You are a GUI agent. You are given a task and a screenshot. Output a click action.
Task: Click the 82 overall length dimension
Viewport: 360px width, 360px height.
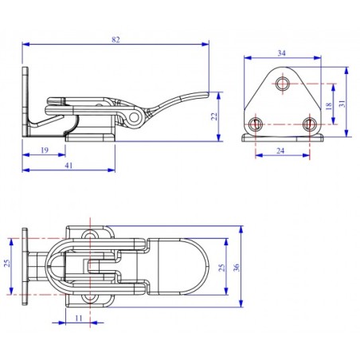click(x=117, y=38)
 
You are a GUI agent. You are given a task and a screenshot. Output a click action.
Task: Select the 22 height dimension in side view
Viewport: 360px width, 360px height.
click(x=213, y=117)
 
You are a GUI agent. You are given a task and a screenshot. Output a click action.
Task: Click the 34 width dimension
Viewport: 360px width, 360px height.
click(x=282, y=53)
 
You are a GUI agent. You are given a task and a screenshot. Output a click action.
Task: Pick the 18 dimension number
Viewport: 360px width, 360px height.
click(x=330, y=104)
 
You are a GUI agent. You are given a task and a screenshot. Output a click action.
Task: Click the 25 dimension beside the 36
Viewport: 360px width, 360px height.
click(x=222, y=267)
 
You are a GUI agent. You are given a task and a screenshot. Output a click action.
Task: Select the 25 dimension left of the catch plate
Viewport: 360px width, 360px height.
click(x=9, y=264)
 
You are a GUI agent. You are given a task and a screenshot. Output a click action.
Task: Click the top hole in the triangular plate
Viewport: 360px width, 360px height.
click(x=282, y=84)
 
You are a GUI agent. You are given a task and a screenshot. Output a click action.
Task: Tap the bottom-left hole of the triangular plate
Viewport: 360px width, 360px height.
click(x=255, y=123)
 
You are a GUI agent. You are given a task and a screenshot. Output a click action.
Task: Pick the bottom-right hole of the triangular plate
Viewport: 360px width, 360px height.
click(x=309, y=123)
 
